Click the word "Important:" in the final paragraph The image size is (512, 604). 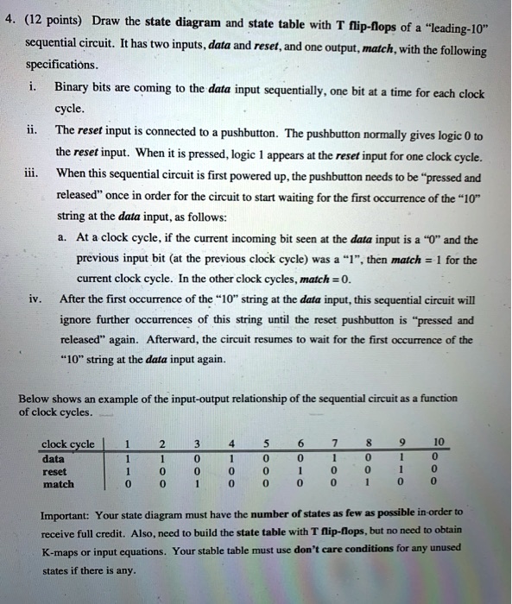pyautogui.click(x=69, y=512)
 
